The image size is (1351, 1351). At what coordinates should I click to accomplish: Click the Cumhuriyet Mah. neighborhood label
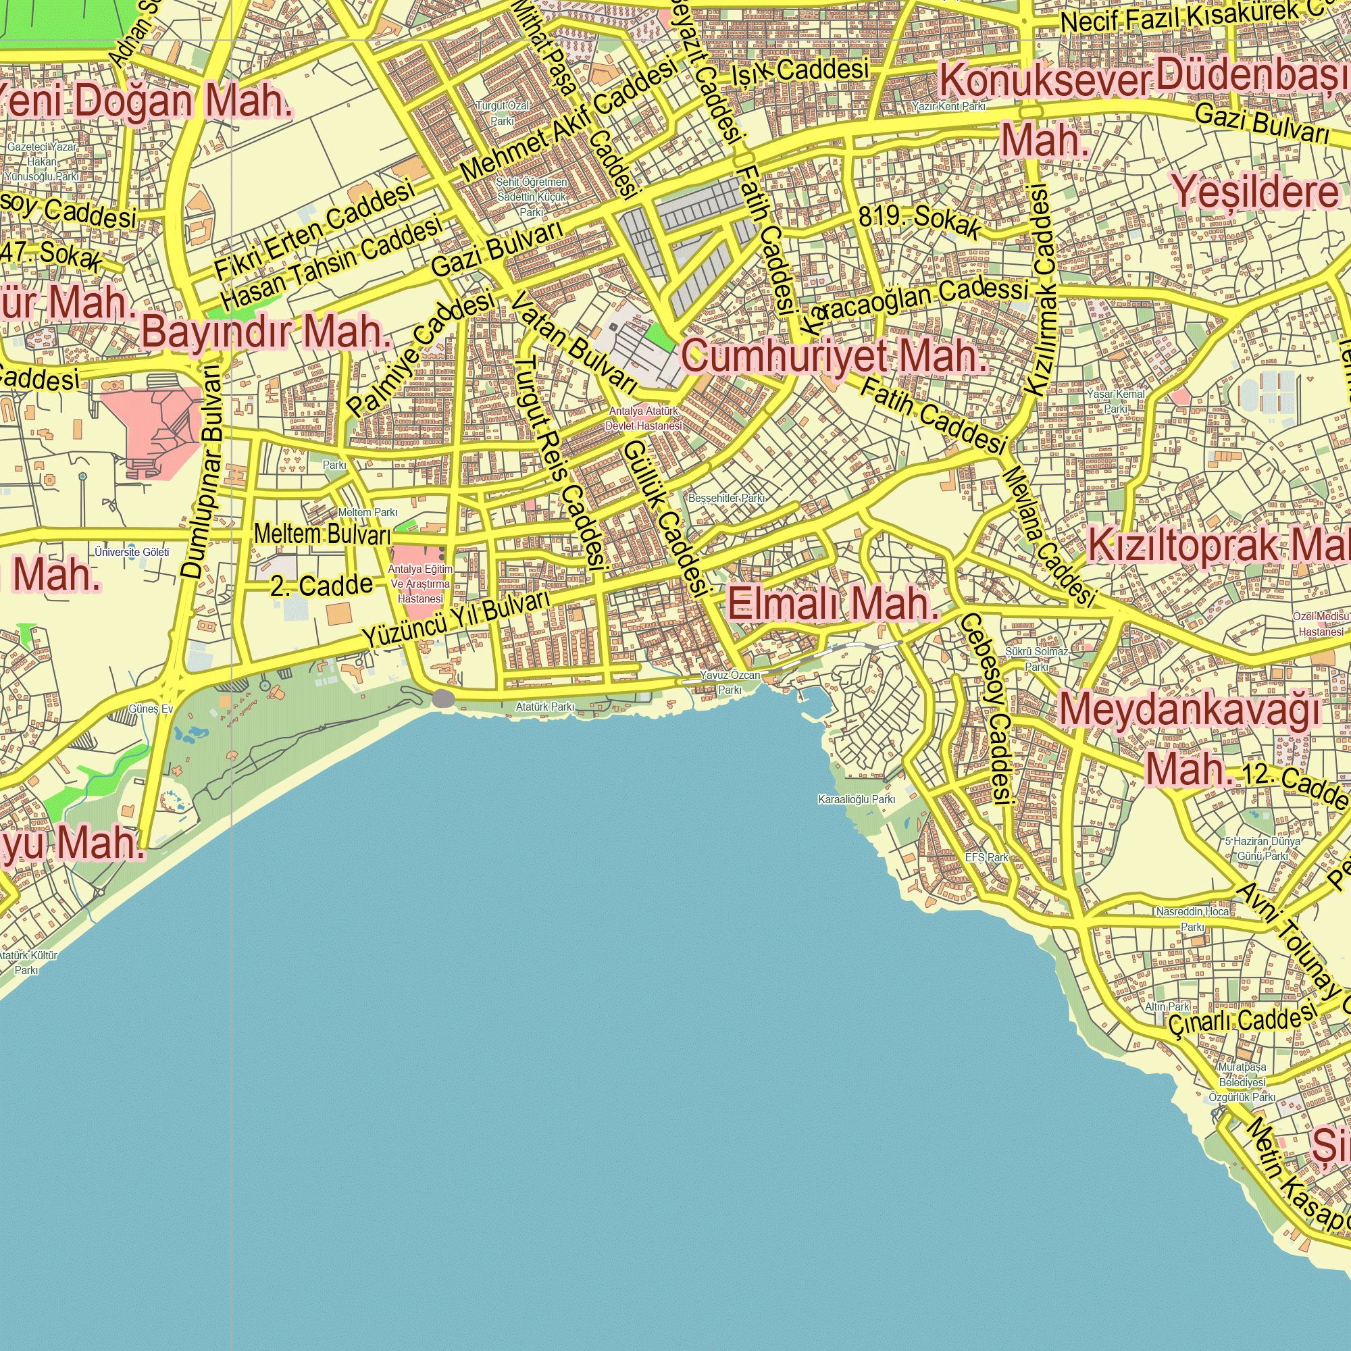point(834,356)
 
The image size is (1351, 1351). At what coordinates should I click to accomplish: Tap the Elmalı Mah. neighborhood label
point(832,603)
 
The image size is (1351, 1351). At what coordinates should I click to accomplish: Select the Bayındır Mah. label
point(265,332)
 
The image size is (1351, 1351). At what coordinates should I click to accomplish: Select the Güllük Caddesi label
point(664,517)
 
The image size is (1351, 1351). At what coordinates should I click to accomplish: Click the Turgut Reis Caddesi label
point(559,461)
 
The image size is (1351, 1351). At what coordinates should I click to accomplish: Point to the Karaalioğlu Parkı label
point(856,799)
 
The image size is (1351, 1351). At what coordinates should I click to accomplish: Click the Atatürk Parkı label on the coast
point(544,707)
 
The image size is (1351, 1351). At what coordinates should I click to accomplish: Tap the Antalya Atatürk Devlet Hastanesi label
point(643,419)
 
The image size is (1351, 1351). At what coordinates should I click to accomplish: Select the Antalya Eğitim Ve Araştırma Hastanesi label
point(420,584)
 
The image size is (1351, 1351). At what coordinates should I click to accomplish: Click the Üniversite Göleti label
point(132,553)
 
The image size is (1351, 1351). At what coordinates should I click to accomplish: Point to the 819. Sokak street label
point(919,220)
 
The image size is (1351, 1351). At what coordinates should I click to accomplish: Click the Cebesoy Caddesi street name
point(986,708)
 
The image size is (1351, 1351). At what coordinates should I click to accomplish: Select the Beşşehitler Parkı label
point(727,499)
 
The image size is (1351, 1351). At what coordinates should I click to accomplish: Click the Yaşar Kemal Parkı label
point(1115,401)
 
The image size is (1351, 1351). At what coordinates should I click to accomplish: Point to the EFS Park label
point(987,857)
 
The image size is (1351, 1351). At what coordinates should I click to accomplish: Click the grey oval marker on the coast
point(443,698)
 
